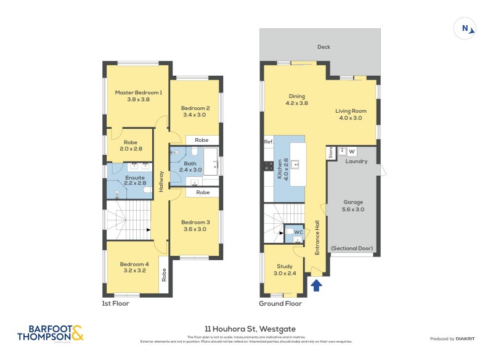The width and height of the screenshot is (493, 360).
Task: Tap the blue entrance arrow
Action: pos(317,285)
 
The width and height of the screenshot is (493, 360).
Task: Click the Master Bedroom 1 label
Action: pos(139,96)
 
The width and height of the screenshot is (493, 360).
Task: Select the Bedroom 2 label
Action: pos(197,111)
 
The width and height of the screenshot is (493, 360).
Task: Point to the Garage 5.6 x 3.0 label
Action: pos(353,205)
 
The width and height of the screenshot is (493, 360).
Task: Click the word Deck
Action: pos(324,47)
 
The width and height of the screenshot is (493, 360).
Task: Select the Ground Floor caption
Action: pos(280,303)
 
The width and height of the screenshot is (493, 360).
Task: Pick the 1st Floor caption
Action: pos(116,303)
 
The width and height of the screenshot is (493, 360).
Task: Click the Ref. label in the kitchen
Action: pos(268,142)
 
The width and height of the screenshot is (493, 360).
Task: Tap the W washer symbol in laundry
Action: pos(352,152)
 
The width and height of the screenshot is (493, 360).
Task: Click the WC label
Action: pos(298,232)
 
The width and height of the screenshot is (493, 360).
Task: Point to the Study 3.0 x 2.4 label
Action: pos(284,270)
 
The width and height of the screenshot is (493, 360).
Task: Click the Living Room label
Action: pos(349,115)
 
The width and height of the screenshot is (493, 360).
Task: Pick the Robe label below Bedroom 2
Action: pos(202,140)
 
